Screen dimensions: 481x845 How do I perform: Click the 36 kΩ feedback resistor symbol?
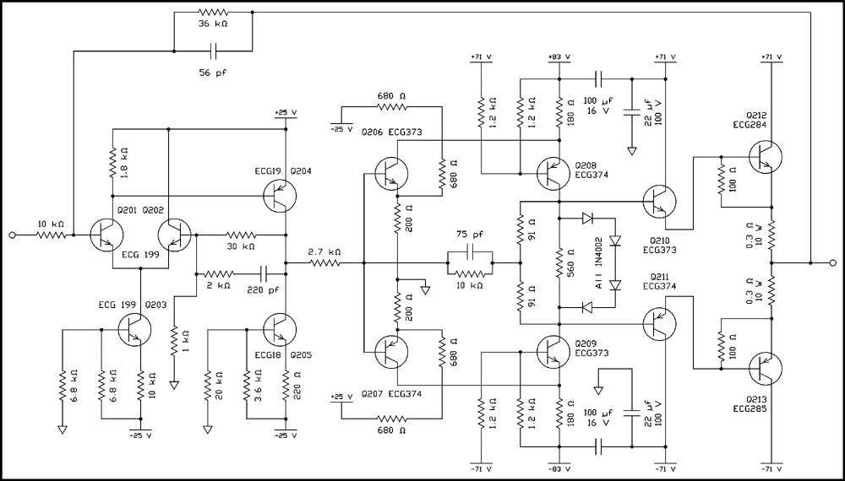(x=212, y=13)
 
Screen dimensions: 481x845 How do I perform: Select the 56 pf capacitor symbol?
(x=212, y=51)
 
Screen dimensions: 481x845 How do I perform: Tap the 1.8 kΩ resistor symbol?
(x=112, y=161)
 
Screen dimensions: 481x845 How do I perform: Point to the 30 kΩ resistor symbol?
(x=240, y=234)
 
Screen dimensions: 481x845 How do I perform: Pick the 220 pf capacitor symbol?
(x=264, y=273)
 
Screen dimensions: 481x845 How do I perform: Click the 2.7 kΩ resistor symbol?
(x=324, y=263)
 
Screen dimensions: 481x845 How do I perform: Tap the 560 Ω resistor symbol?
(x=559, y=264)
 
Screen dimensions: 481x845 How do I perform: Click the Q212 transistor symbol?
(x=766, y=156)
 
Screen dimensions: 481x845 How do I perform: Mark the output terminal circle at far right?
(x=833, y=263)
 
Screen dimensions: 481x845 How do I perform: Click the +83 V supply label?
(x=559, y=57)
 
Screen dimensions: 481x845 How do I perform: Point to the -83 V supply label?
(x=559, y=467)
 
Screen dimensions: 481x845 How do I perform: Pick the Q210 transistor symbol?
(x=659, y=201)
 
